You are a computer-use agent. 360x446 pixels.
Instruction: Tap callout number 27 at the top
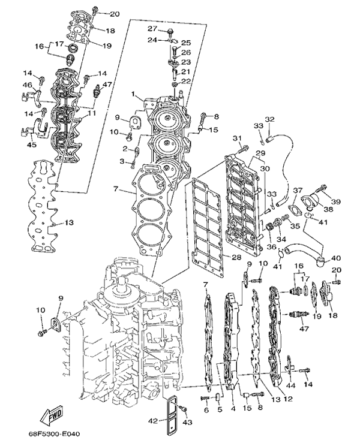click(152, 29)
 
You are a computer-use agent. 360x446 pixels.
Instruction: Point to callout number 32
click(269, 119)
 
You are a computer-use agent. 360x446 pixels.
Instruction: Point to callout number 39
click(337, 201)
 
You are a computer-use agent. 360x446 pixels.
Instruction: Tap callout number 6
click(205, 410)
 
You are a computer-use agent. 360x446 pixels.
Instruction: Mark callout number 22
click(186, 82)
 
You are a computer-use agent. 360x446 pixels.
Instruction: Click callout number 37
click(297, 190)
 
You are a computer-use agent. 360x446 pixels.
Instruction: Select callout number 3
click(122, 162)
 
